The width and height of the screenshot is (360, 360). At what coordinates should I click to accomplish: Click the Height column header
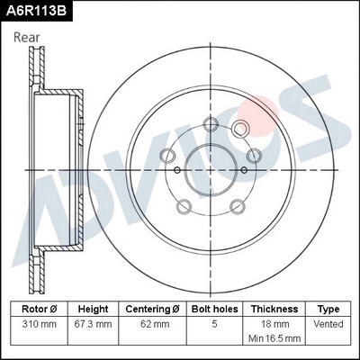pos(94,308)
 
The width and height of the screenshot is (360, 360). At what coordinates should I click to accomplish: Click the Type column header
pos(328,308)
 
